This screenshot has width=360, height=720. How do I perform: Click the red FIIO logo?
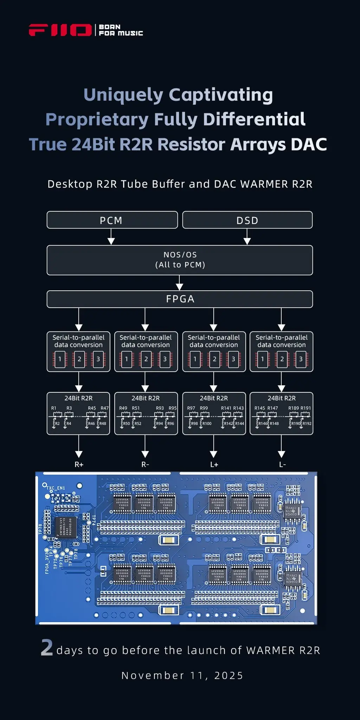click(x=60, y=30)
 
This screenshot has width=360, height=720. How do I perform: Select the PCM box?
click(x=112, y=220)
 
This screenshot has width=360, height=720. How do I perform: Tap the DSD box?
click(x=247, y=220)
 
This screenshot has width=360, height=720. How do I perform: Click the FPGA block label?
click(x=180, y=299)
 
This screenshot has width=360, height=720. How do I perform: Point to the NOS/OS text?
click(x=180, y=255)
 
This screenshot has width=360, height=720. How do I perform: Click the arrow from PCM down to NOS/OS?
click(x=111, y=237)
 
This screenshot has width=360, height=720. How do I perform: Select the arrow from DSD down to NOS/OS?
click(x=247, y=237)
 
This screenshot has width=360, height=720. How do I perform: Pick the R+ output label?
click(x=79, y=464)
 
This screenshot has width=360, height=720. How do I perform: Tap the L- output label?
click(x=282, y=464)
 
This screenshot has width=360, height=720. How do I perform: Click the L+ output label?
click(x=214, y=464)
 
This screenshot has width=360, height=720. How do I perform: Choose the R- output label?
click(x=145, y=464)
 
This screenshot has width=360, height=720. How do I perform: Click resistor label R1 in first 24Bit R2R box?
click(x=54, y=408)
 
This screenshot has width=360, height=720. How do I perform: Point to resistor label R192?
click(x=307, y=424)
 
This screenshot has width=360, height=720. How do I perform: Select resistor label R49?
click(x=123, y=408)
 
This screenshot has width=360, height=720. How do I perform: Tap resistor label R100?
click(x=207, y=424)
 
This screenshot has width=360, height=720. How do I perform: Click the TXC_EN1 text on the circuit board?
click(x=56, y=488)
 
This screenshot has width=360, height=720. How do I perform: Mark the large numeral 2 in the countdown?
click(x=47, y=648)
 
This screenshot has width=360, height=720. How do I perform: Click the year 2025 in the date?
click(x=229, y=676)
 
